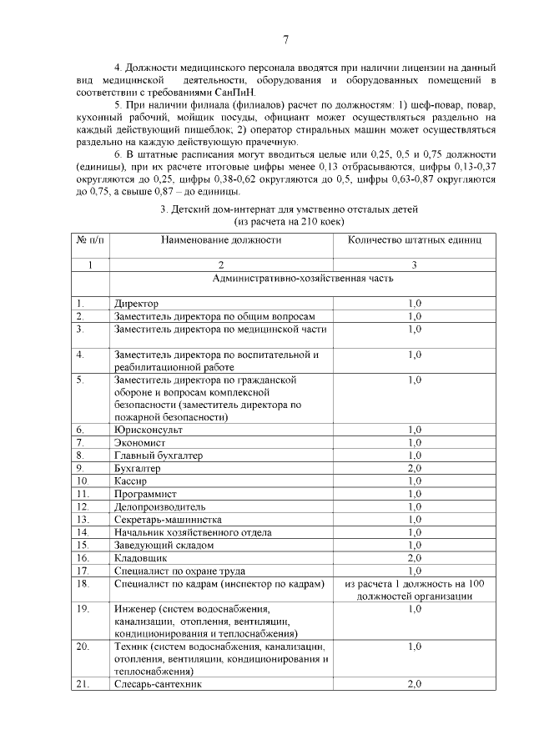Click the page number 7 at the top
click(285, 39)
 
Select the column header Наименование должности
click(221, 239)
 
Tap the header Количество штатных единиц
click(414, 239)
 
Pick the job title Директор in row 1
click(136, 304)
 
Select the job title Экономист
click(140, 442)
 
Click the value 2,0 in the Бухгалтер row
click(414, 468)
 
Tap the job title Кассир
click(131, 481)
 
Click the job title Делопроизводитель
click(159, 506)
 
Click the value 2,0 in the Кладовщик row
click(414, 557)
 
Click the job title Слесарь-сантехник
click(158, 684)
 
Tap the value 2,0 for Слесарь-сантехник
click(414, 684)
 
